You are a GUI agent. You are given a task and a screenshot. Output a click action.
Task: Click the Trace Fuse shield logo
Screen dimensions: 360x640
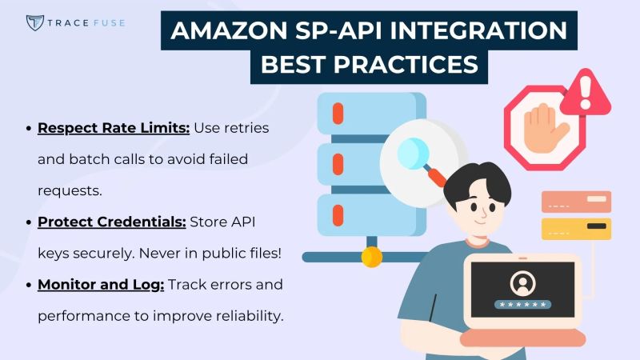[34, 22]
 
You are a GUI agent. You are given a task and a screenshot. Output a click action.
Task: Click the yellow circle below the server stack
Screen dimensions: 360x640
[371, 257]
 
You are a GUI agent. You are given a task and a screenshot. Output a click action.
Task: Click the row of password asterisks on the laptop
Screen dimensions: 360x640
[522, 304]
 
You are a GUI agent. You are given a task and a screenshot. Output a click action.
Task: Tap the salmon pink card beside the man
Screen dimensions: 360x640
[576, 202]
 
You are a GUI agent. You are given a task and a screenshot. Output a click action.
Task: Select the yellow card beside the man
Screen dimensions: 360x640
[576, 229]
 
